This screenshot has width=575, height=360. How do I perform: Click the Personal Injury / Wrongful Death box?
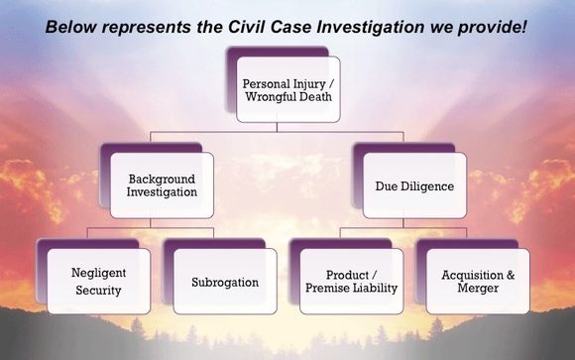pyautogui.click(x=288, y=90)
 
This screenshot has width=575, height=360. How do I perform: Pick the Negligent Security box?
pyautogui.click(x=98, y=281)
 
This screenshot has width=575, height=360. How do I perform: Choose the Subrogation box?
pyautogui.click(x=225, y=282)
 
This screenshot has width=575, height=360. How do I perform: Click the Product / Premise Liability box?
pyautogui.click(x=351, y=281)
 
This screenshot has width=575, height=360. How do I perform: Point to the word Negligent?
pyautogui.click(x=98, y=273)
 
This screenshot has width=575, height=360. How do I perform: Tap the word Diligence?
pyautogui.click(x=427, y=184)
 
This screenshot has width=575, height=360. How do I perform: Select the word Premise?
pyautogui.click(x=330, y=289)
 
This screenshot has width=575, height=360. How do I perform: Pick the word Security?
pyautogui.click(x=98, y=292)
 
